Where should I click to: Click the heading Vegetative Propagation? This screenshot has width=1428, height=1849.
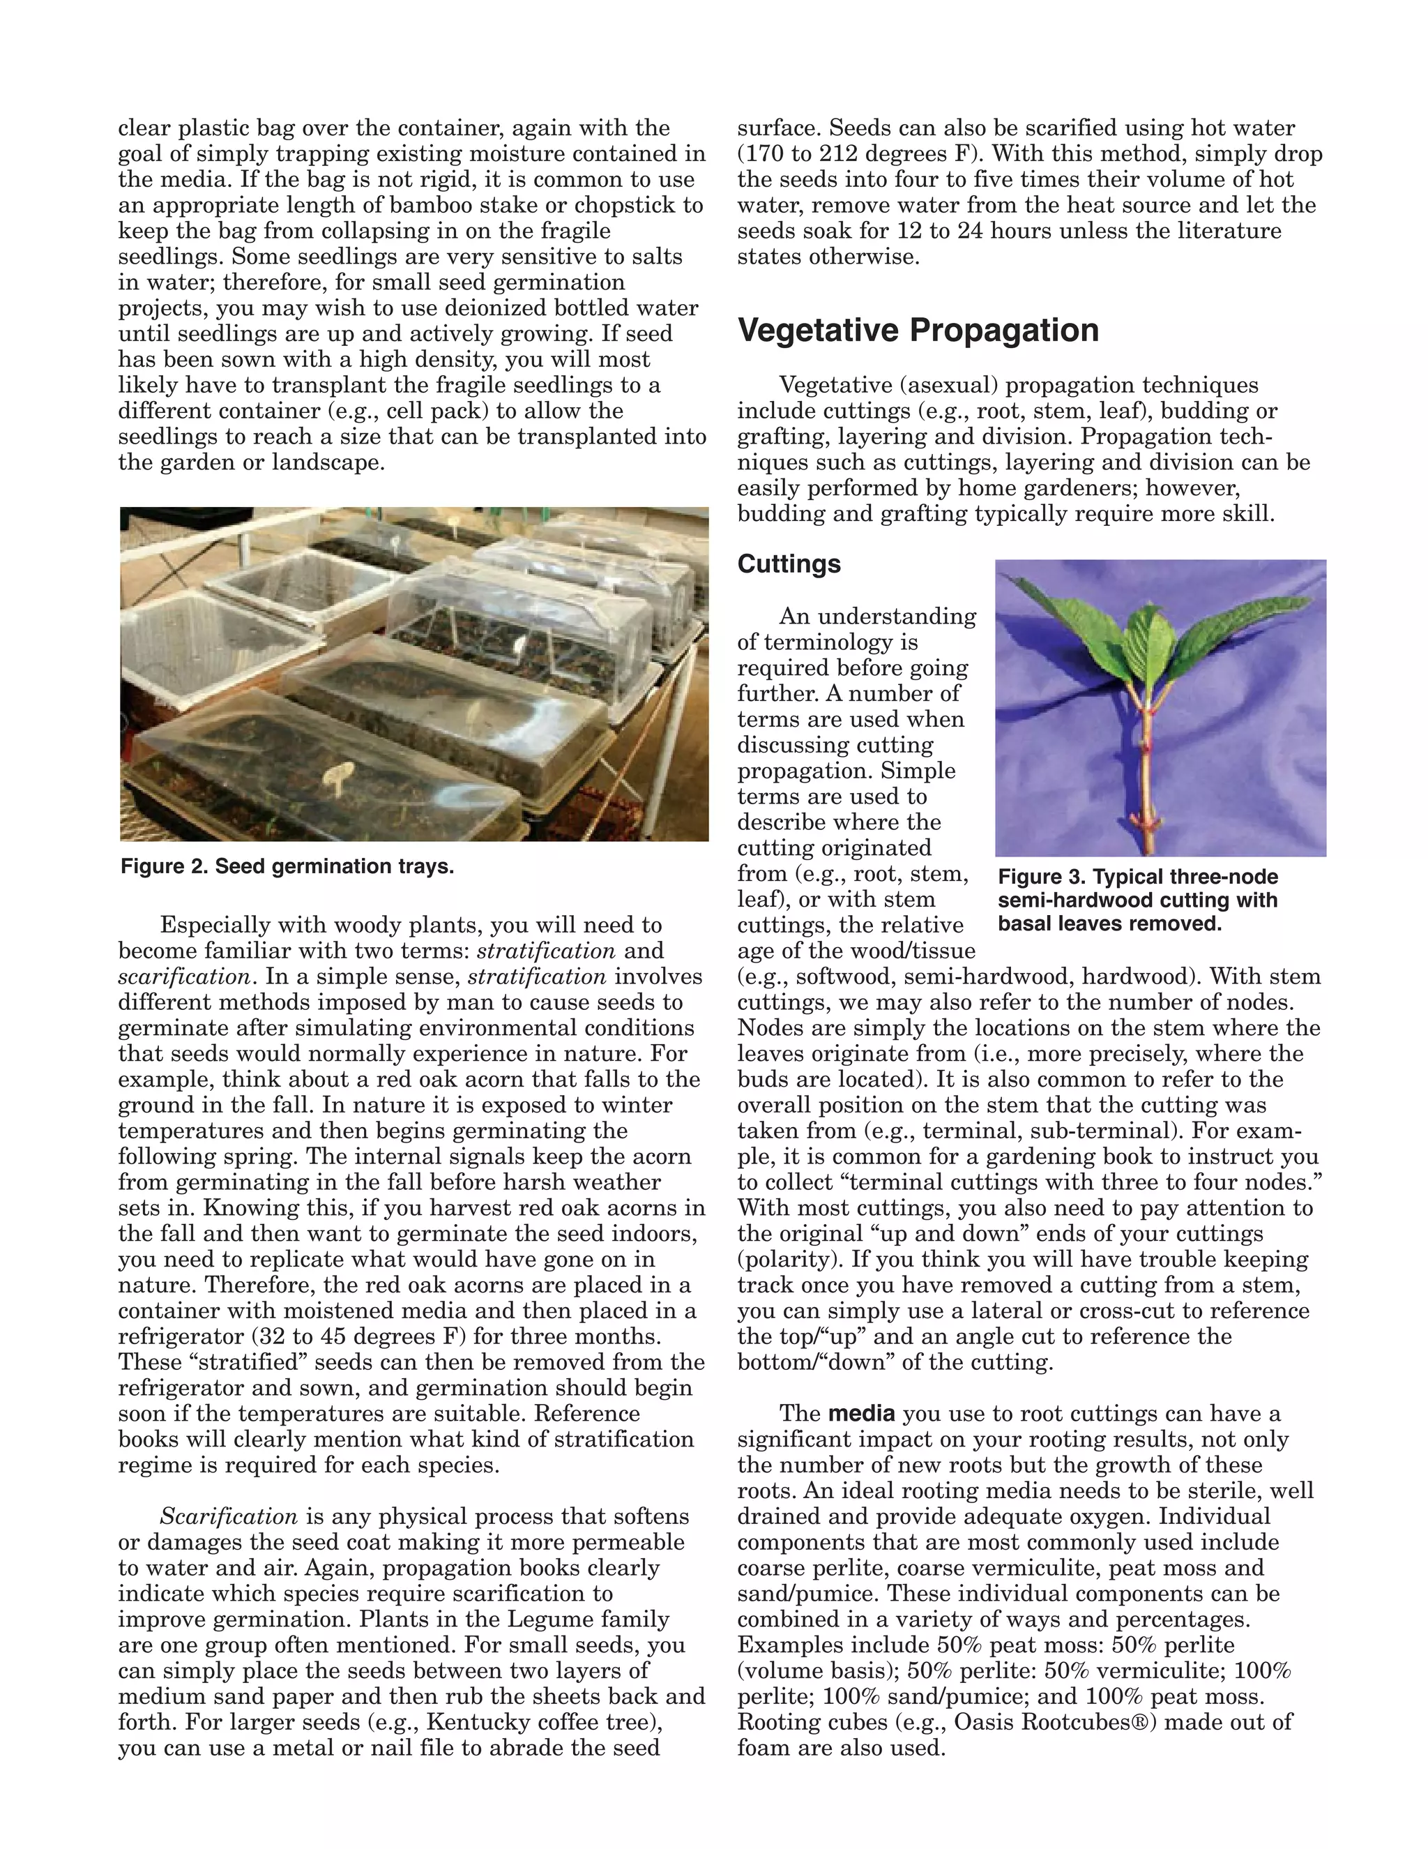pyautogui.click(x=918, y=330)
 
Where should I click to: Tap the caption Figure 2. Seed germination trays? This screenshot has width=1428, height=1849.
pyautogui.click(x=287, y=867)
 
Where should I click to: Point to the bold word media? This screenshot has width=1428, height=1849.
pyautogui.click(x=861, y=1414)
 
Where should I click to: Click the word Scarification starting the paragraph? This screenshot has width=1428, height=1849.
pyautogui.click(x=229, y=1516)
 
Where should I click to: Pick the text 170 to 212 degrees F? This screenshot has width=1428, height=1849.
pyautogui.click(x=857, y=154)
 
